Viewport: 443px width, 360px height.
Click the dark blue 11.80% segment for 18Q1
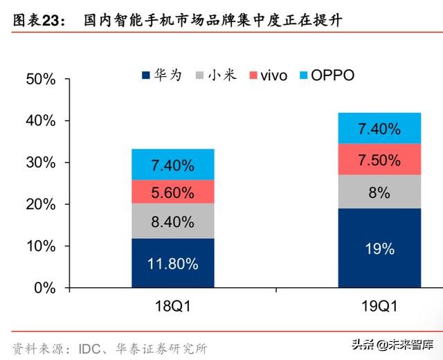tap(172, 263)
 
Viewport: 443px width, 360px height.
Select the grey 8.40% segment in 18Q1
tap(172, 222)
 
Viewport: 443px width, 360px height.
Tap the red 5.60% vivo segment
tap(172, 192)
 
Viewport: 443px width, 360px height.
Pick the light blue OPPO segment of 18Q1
tap(172, 165)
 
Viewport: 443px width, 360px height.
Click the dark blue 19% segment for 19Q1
tap(379, 248)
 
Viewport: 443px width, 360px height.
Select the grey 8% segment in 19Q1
tap(379, 192)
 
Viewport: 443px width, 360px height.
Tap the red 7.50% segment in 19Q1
tap(379, 159)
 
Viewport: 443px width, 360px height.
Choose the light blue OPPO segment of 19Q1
tap(379, 128)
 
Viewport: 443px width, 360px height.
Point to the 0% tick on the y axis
tap(46, 288)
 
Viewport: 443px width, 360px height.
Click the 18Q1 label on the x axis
tap(172, 306)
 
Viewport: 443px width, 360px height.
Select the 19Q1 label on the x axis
tap(379, 306)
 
